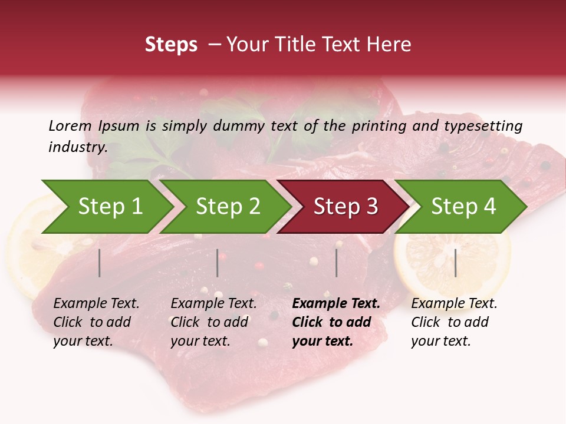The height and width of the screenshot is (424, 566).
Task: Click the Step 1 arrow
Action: [110, 207]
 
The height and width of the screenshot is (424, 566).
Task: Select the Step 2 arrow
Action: [228, 207]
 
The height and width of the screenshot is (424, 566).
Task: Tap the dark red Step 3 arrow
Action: [345, 207]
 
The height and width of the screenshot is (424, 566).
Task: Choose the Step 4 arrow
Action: [463, 207]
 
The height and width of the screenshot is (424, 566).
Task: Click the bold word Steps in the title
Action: [171, 45]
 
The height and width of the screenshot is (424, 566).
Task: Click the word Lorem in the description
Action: [70, 125]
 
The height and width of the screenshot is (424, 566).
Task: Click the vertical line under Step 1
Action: [100, 263]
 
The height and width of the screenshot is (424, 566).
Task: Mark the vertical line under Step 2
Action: [218, 263]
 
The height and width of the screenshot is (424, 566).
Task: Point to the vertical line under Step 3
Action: [336, 263]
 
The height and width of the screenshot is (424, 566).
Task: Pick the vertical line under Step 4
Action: [455, 263]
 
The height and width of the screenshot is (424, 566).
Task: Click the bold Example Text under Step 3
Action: [336, 304]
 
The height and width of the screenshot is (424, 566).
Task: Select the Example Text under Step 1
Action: [96, 304]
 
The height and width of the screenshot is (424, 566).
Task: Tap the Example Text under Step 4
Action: [454, 304]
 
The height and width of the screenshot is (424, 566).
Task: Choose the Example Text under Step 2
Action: [213, 304]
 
